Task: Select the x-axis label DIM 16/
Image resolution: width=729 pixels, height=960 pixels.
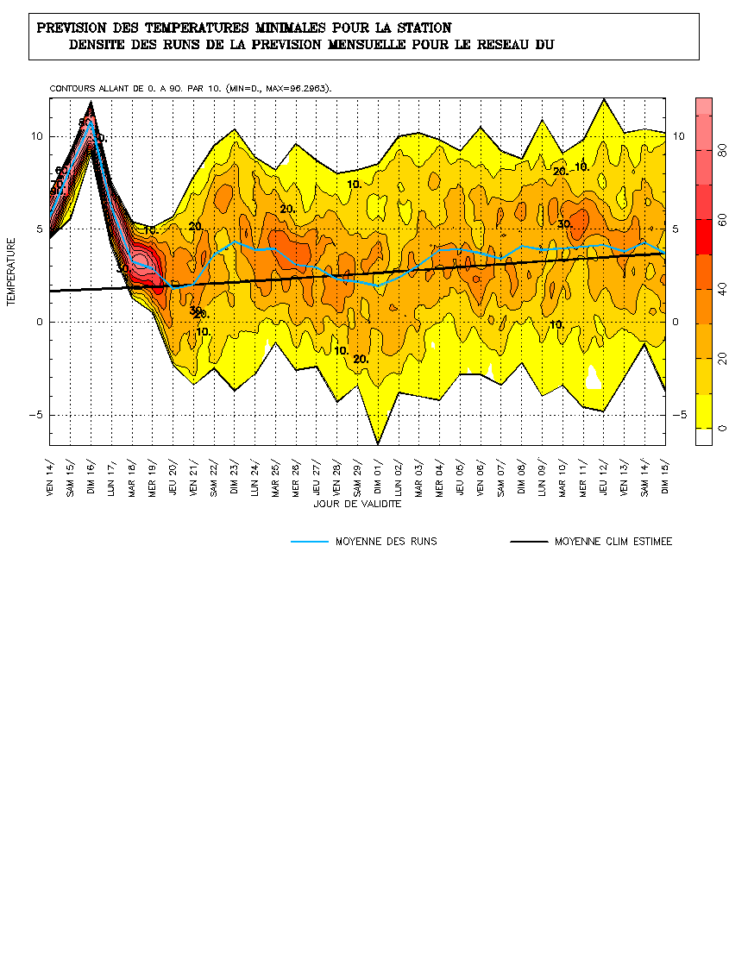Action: pyautogui.click(x=91, y=472)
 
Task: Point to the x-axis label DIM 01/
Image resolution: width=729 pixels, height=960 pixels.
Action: pyautogui.click(x=377, y=472)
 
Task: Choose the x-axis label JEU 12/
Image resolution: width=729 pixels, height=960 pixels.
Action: pyautogui.click(x=604, y=472)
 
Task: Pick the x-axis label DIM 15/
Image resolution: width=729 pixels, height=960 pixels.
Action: pyautogui.click(x=665, y=472)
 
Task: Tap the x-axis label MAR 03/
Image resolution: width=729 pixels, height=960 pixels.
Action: pyautogui.click(x=418, y=472)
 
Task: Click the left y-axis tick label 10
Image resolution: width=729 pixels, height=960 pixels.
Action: pyautogui.click(x=37, y=136)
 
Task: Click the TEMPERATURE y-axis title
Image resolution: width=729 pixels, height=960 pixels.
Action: pyautogui.click(x=12, y=273)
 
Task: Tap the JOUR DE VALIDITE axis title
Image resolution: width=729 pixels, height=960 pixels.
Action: pyautogui.click(x=355, y=503)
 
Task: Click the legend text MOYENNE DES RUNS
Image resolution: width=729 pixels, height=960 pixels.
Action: pyautogui.click(x=386, y=542)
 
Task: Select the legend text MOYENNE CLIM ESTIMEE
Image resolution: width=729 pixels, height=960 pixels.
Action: pyautogui.click(x=613, y=542)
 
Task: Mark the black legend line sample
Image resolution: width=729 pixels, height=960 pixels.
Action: pyautogui.click(x=528, y=542)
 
